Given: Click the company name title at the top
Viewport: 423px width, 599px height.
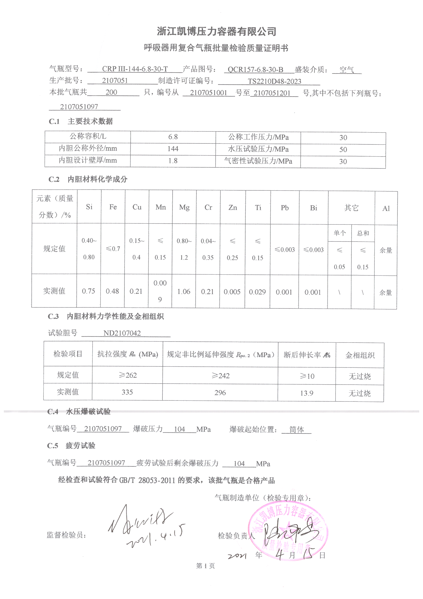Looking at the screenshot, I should point(216,32).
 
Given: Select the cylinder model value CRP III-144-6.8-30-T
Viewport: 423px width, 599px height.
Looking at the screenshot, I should point(135,69).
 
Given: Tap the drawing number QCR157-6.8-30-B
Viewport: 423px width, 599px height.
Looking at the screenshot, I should point(255,69).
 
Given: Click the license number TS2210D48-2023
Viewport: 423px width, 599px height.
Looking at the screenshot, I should point(274,81).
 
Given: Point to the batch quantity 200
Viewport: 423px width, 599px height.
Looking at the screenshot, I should point(111,92).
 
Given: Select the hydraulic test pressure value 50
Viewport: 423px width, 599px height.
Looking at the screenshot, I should point(343,149).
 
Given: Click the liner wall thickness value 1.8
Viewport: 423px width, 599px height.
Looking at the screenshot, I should point(173,161).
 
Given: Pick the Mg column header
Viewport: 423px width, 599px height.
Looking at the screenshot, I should point(184,208).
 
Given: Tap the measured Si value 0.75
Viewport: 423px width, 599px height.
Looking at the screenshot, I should point(88,291).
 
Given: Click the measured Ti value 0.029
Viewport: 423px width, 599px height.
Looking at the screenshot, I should point(257,292).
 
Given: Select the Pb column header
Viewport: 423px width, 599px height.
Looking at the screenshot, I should point(285,208).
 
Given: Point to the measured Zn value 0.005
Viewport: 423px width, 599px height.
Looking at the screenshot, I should point(232,292).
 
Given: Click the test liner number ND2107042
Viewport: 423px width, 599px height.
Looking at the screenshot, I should point(122,333).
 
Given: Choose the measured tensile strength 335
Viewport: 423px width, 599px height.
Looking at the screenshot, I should point(127,392).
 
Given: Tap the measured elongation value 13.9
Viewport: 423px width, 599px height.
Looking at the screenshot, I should point(307,393).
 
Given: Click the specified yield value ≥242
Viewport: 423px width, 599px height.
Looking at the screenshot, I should point(220,376).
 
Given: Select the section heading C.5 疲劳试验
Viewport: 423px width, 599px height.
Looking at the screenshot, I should point(71,446).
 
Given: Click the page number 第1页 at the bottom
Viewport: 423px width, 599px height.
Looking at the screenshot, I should point(205,566).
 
